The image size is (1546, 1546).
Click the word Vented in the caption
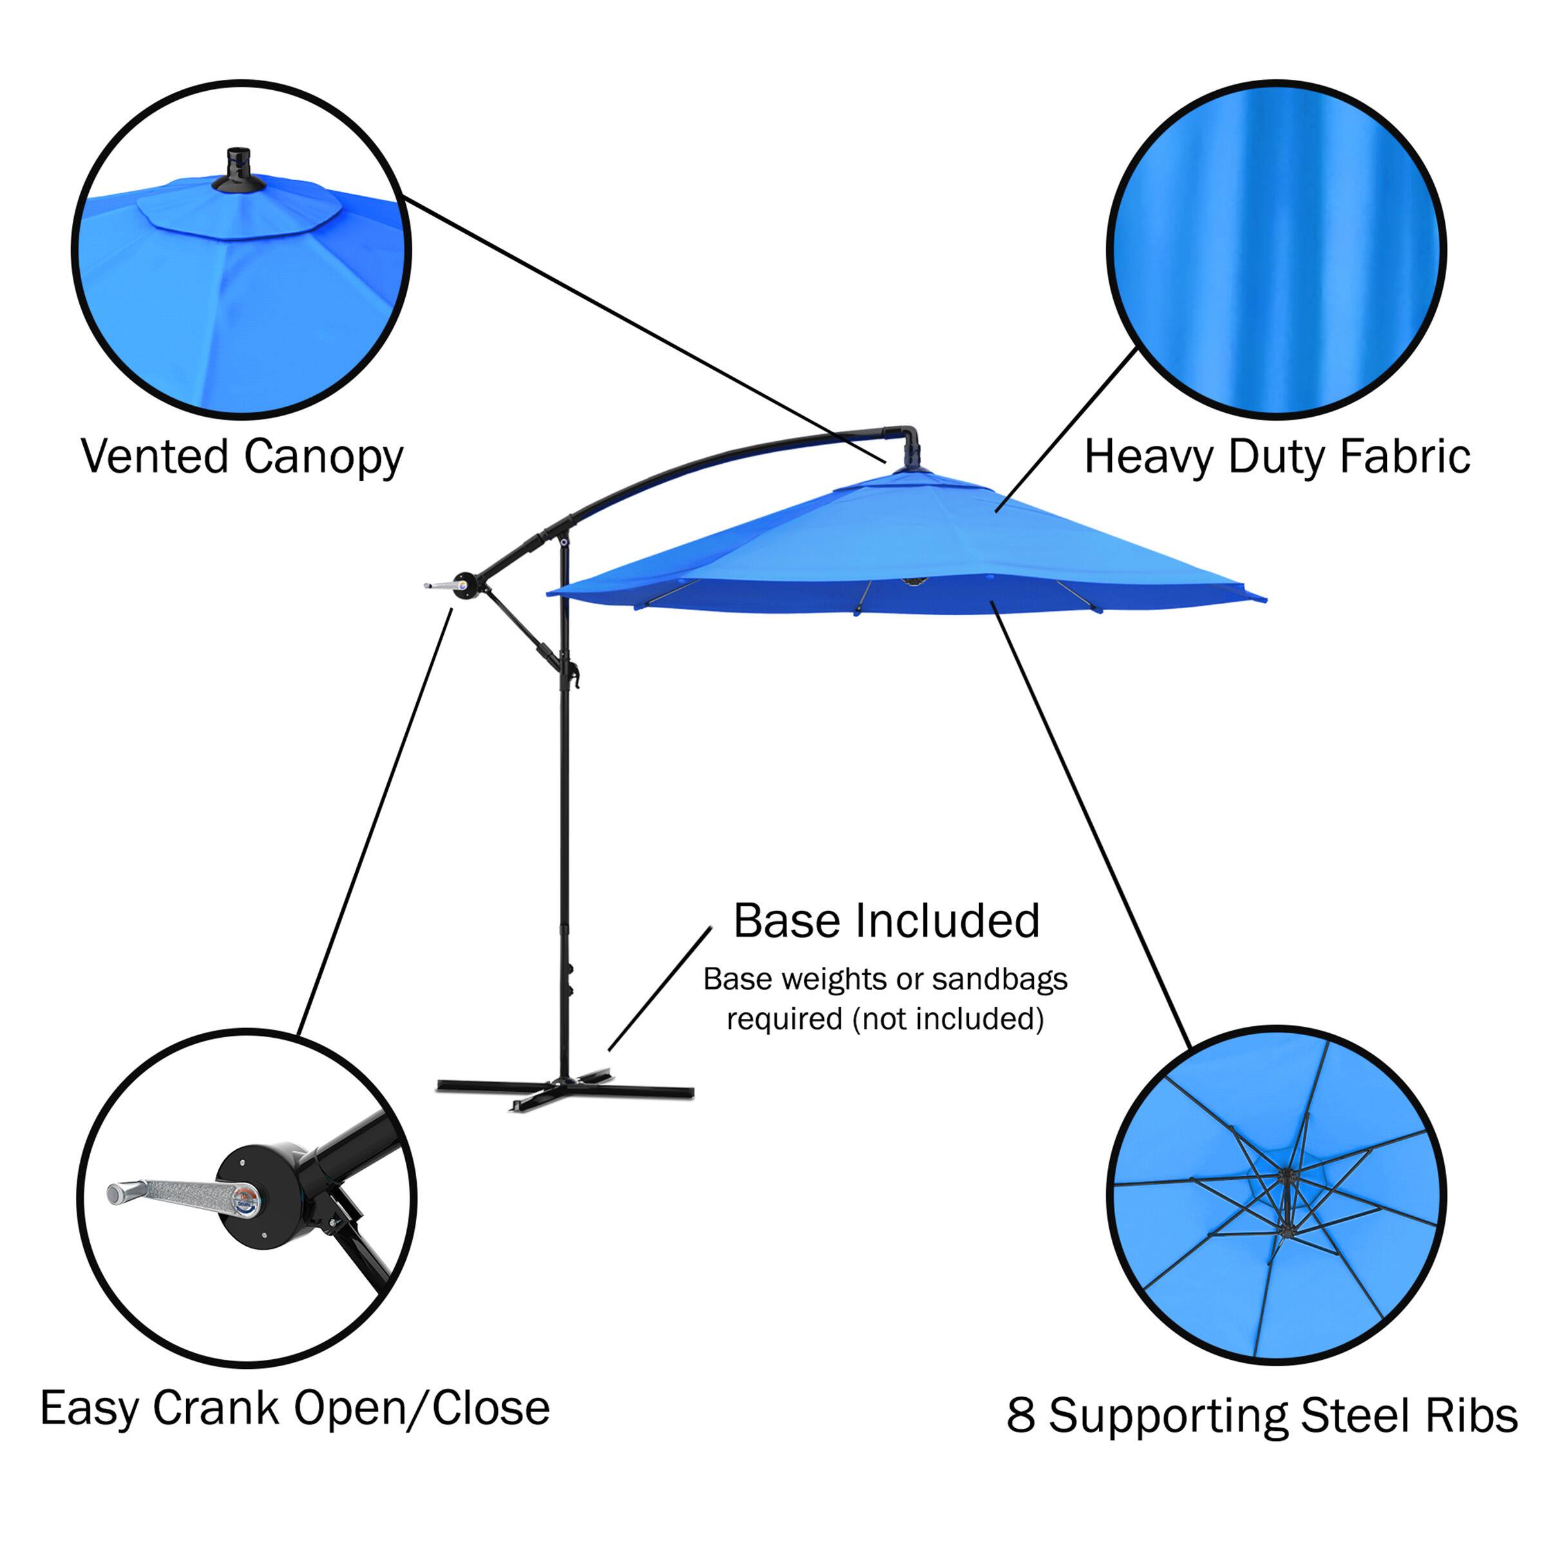155,457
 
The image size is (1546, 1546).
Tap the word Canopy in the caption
323,459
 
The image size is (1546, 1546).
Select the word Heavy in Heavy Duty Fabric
1149,459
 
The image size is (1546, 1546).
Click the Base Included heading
886,921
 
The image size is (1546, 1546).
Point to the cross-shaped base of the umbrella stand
565,1090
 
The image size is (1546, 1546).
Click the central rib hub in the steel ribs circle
1288,1177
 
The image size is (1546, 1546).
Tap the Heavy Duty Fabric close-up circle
1275,250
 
